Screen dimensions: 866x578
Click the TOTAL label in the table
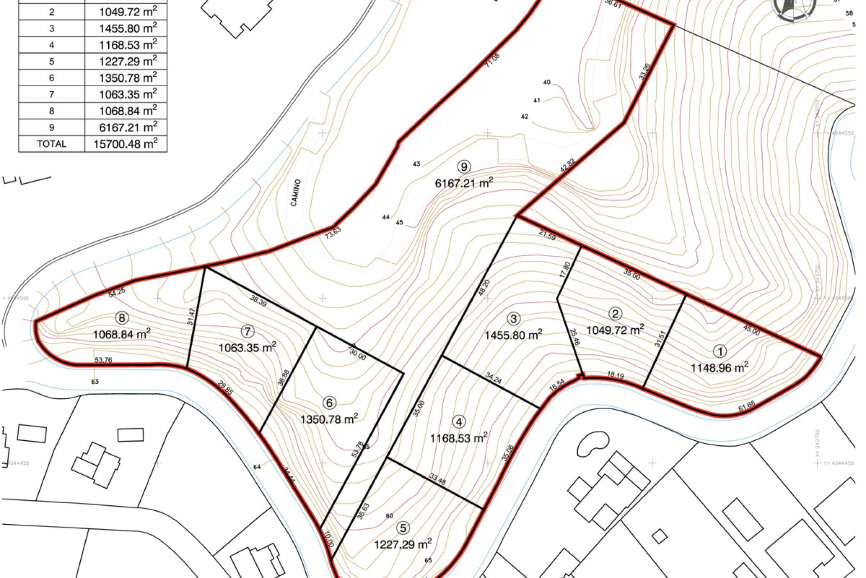coord(51,144)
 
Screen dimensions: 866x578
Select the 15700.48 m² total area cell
coord(125,144)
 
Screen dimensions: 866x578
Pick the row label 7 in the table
coord(51,94)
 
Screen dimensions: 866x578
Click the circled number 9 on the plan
coord(464,167)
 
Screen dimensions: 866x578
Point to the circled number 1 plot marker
coord(720,351)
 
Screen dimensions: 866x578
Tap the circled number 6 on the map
coord(330,403)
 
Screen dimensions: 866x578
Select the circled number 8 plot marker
coord(122,318)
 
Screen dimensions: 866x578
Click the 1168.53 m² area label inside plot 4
coord(459,438)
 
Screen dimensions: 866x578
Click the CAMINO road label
coord(295,193)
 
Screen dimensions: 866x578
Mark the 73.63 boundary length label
coord(333,233)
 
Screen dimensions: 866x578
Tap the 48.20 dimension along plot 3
coord(484,288)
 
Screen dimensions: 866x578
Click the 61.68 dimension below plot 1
coord(746,406)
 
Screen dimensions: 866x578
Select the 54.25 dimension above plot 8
coord(117,292)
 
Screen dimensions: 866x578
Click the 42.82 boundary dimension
coord(567,165)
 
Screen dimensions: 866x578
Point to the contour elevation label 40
coord(547,82)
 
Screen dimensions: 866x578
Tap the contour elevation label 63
coord(95,382)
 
